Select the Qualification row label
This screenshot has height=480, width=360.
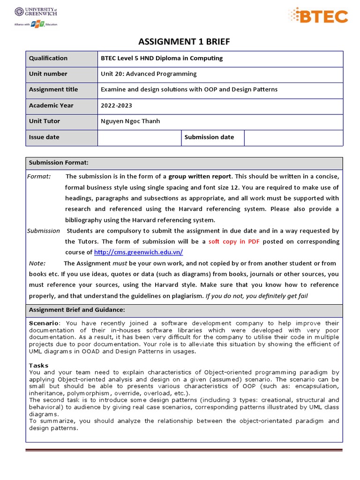pos(48,58)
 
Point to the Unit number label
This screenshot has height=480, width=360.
pos(48,74)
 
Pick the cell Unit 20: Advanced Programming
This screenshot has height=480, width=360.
pos(149,74)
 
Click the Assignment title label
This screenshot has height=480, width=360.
pos(53,90)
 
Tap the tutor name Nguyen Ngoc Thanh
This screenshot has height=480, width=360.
pos(130,121)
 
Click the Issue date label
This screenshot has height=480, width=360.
pos(44,137)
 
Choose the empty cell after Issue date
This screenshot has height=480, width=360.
pos(139,137)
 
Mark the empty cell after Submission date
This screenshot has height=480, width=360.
pos(293,137)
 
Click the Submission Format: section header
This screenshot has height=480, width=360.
pos(59,163)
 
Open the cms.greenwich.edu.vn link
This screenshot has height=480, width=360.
pos(138,252)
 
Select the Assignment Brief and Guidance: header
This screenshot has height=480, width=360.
pos(77,310)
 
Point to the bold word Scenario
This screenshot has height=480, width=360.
pos(44,323)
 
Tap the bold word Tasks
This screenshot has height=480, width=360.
pos(38,365)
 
